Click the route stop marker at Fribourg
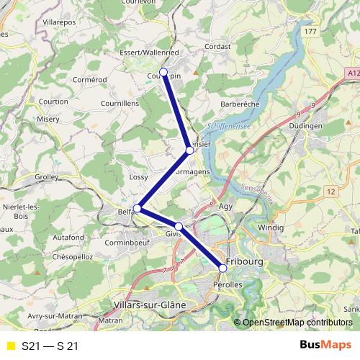(222, 268)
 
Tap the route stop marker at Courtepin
(163, 72)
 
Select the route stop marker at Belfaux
(137, 209)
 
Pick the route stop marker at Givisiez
(179, 227)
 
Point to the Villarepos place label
(60, 23)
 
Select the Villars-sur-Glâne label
(150, 305)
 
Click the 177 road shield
(310, 32)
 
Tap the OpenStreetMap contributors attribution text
(297, 323)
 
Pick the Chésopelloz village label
(73, 256)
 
